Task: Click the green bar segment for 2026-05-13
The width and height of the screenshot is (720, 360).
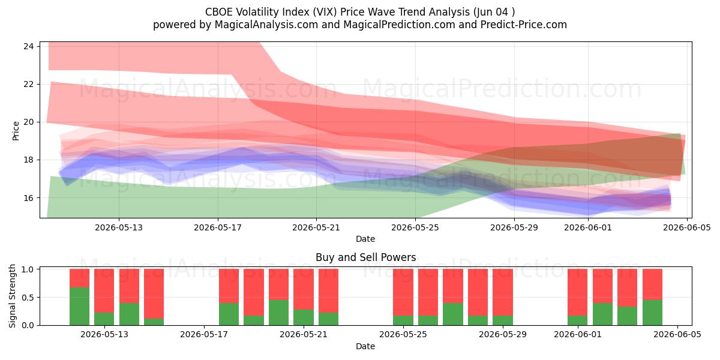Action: point(104,319)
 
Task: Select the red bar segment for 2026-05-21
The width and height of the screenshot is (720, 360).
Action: point(304,289)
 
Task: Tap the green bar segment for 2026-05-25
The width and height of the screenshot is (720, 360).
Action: point(403,320)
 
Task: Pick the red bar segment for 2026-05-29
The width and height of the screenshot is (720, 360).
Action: point(503,292)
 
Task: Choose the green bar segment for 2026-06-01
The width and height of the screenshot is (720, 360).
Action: point(578,320)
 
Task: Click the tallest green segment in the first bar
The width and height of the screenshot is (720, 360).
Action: point(79,307)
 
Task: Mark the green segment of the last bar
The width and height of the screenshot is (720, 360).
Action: point(653,313)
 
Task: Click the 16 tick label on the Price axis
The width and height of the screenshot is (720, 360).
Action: point(29,197)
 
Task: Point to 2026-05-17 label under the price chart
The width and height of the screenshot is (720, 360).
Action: point(218,227)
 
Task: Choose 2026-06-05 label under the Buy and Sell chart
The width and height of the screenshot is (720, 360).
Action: point(677,335)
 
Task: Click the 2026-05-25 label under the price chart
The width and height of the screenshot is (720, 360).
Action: point(415,227)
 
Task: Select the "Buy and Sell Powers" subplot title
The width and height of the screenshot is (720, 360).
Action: point(366,257)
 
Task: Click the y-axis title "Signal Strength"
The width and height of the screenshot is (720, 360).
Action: point(12,296)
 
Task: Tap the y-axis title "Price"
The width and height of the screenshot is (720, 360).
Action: point(16,131)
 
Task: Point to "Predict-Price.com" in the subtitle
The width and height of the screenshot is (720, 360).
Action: point(524,25)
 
